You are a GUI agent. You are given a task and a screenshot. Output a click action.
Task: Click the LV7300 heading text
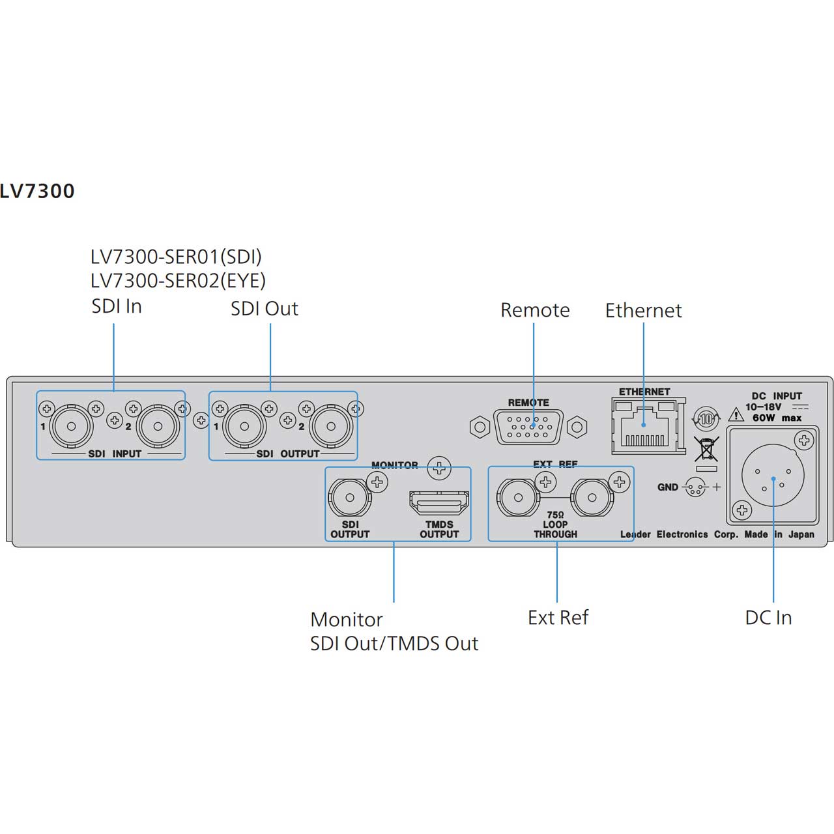(37, 191)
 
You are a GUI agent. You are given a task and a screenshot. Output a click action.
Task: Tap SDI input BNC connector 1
(72, 426)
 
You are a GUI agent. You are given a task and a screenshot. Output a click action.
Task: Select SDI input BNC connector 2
(158, 426)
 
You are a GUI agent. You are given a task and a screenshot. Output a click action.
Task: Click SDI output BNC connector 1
(244, 426)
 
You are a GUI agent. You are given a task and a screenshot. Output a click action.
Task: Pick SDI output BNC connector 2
(331, 426)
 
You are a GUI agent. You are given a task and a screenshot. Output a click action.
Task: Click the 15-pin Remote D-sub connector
(528, 427)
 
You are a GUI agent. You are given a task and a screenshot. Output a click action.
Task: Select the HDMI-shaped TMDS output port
(439, 503)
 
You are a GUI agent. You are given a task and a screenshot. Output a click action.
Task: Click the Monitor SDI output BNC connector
(350, 498)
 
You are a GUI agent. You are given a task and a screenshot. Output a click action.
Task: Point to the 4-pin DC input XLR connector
(773, 475)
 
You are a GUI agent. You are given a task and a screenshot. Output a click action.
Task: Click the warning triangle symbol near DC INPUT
(736, 414)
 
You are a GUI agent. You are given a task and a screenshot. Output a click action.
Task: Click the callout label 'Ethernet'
(643, 310)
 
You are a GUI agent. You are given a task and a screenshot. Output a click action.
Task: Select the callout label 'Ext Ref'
(558, 617)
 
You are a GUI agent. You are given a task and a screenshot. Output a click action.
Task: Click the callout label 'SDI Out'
(265, 309)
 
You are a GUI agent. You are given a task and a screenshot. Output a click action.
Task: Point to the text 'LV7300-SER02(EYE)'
(178, 280)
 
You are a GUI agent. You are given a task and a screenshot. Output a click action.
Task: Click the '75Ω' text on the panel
(555, 515)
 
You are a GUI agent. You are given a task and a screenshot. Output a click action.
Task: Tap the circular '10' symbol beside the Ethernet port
(706, 418)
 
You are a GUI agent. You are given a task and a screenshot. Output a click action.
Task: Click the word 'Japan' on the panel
(801, 534)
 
